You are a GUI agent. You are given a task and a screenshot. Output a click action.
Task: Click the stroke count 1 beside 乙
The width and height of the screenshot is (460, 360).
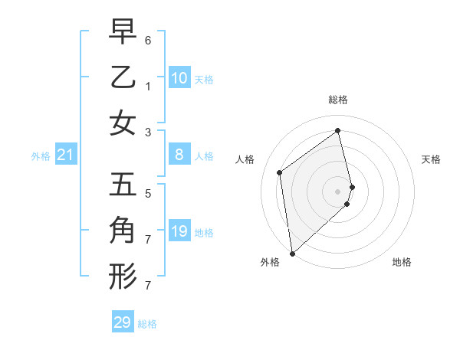[x=148, y=86]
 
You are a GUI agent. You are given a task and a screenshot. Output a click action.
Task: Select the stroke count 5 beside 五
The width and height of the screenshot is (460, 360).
[x=148, y=194]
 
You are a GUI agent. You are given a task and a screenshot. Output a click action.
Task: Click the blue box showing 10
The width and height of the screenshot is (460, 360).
[x=179, y=78]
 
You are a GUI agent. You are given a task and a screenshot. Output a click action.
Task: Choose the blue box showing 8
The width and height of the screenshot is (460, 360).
[x=179, y=155]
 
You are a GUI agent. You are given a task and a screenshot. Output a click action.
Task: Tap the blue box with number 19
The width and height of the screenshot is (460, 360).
[x=179, y=231]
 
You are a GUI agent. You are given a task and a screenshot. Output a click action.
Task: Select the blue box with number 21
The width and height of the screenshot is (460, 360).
[x=66, y=155]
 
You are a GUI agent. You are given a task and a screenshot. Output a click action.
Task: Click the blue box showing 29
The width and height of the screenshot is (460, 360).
[x=123, y=322]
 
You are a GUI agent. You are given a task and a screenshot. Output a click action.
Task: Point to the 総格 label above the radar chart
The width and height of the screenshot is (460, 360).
[x=338, y=100]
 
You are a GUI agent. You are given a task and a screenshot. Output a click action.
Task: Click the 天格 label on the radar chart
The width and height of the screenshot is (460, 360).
[x=431, y=159]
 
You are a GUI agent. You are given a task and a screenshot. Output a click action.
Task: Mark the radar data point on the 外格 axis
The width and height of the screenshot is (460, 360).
[x=292, y=253]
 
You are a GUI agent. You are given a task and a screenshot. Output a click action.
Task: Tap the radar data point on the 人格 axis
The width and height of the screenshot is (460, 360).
[x=280, y=172]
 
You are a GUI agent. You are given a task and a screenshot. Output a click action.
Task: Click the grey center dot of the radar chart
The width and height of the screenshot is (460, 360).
[x=338, y=191]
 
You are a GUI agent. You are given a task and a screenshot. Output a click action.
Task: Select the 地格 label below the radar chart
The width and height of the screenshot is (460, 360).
[x=402, y=262]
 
